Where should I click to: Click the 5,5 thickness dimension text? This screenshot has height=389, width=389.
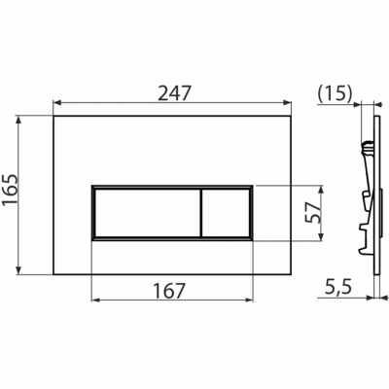(336, 288)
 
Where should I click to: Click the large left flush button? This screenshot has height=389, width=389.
(145, 212)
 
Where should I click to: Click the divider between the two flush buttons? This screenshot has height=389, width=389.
(201, 212)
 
